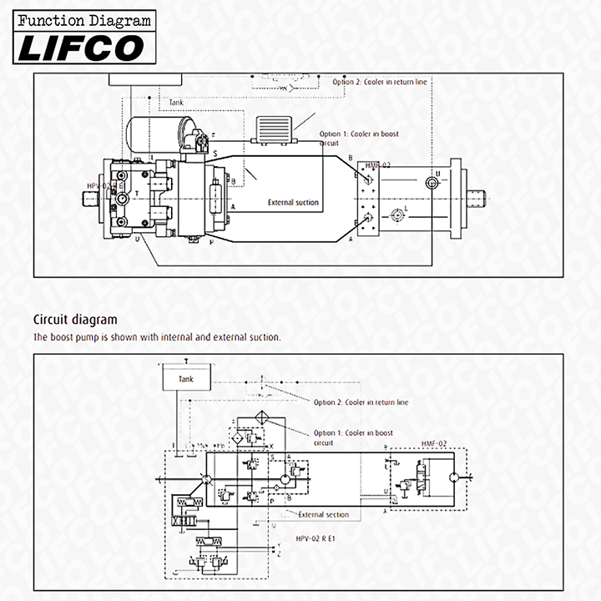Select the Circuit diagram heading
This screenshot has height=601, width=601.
75,319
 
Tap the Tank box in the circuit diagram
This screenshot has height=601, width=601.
185,378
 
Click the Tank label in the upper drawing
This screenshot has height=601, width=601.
176,103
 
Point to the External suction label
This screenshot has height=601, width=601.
293,202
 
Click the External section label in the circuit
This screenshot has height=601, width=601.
324,514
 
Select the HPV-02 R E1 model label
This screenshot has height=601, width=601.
316,538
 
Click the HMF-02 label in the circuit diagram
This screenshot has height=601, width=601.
434,443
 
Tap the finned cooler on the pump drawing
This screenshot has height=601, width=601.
272,129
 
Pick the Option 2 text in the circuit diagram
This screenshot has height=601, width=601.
361,402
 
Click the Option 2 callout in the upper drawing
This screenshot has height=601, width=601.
381,82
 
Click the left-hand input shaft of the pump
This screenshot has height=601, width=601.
91,199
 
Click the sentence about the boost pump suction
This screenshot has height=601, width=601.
157,337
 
